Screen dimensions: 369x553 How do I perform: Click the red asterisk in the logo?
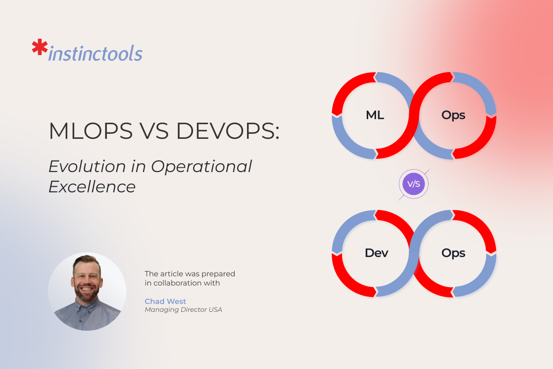[x=40, y=48]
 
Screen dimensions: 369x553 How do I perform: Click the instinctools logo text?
[x=95, y=54]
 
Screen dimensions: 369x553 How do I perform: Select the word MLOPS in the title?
[x=83, y=132]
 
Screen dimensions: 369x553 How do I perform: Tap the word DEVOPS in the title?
[x=228, y=132]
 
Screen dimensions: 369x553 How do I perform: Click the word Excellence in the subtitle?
[x=92, y=187]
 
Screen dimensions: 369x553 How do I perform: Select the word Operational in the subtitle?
[x=201, y=166]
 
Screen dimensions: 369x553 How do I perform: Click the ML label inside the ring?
[x=375, y=115]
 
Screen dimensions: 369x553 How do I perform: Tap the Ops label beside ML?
[x=453, y=115]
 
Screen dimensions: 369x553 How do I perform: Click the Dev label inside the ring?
[x=377, y=253]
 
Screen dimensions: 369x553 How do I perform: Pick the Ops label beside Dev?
[x=453, y=253]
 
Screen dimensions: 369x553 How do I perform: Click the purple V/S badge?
[x=414, y=184]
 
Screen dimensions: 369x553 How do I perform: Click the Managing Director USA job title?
[x=183, y=310]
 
